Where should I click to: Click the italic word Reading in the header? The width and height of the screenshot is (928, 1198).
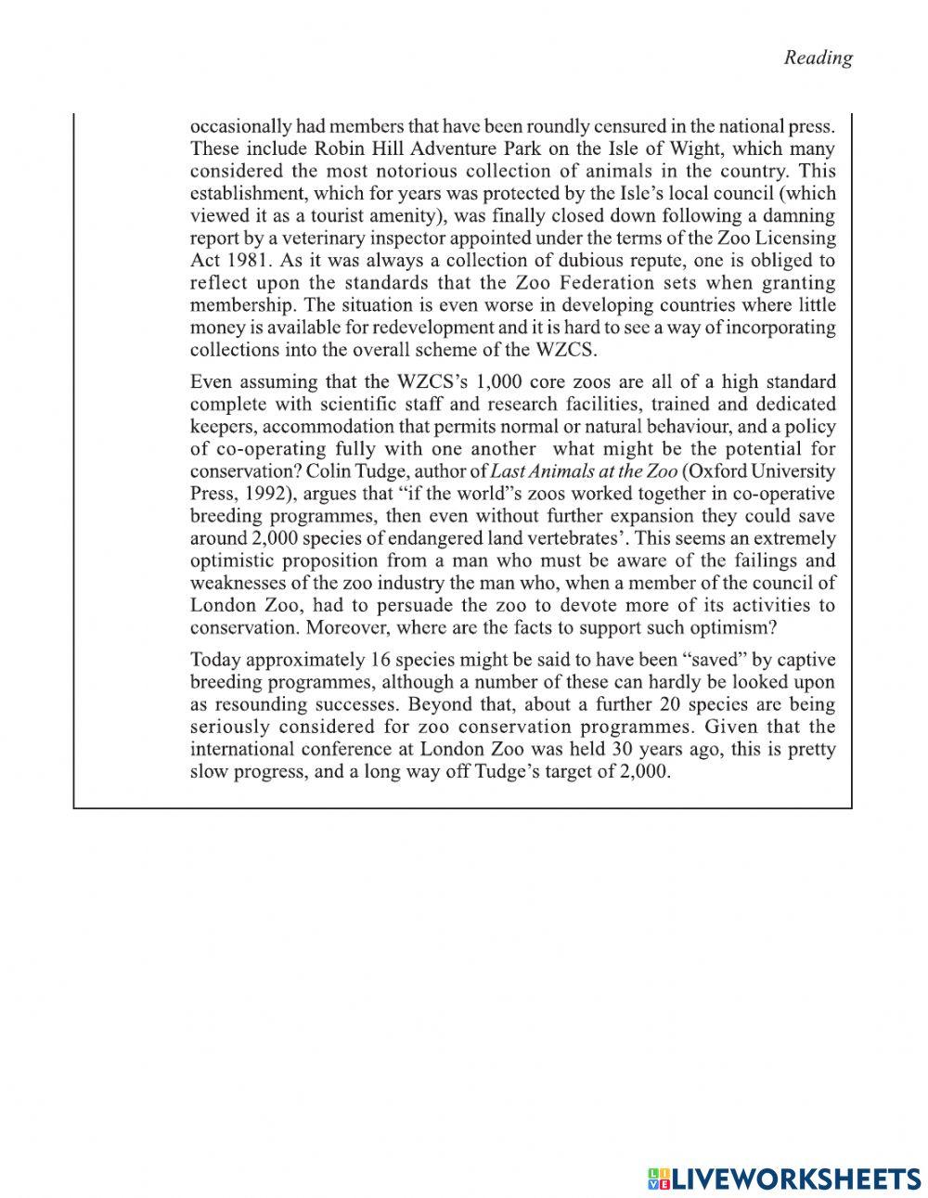(818, 58)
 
